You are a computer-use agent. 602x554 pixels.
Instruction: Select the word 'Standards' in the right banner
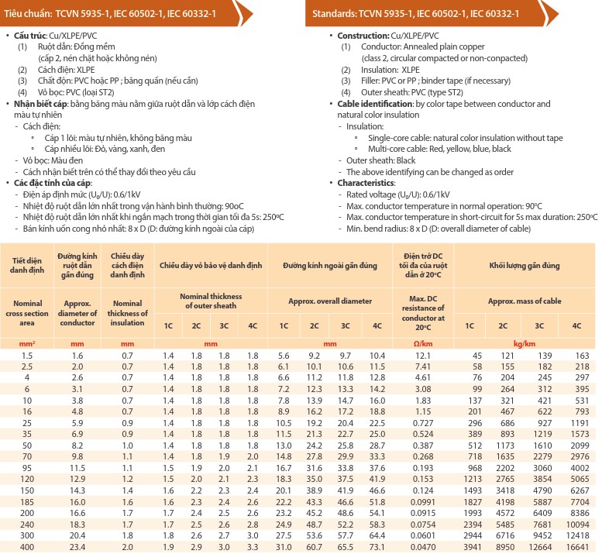[x=338, y=14]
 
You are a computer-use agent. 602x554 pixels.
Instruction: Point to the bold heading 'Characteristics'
[x=368, y=183]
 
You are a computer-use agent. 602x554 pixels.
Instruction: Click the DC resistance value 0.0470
[x=423, y=546]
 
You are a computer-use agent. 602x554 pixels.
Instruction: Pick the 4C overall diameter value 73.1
[x=377, y=546]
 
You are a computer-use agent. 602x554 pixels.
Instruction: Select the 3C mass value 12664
[x=539, y=546]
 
